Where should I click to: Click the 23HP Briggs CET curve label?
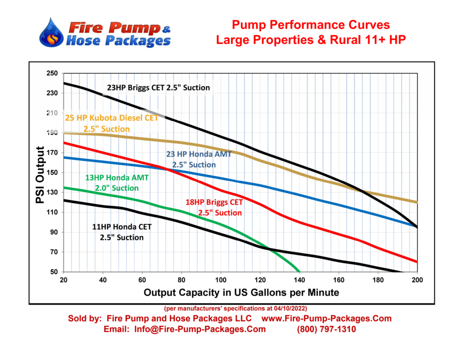coord(158,87)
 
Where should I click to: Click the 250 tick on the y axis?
coord(52,73)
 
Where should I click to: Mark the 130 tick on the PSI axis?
coord(52,193)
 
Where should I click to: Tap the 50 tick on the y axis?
coord(54,272)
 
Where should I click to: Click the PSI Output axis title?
coord(40,175)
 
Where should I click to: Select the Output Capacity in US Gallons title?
coord(241,292)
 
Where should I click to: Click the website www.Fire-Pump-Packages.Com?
coord(327,319)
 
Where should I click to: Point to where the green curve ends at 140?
coord(299,271)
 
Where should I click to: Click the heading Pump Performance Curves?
coord(311,25)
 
